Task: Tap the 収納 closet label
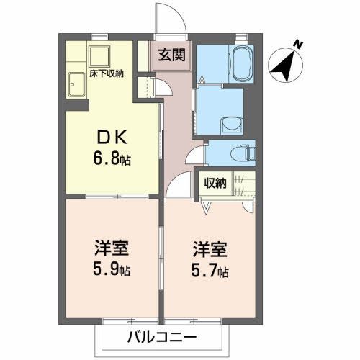215,183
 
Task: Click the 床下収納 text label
106,73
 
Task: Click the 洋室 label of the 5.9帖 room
112,250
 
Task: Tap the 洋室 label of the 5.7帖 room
210,251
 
